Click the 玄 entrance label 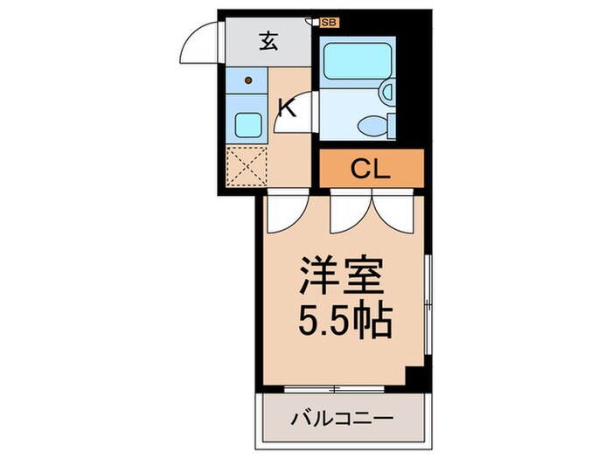pos(269,40)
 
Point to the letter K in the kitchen pos(285,108)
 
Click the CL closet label pos(371,169)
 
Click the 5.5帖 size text pos(341,324)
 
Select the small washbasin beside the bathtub pos(387,90)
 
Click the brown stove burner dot pos(248,82)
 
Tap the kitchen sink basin pos(247,126)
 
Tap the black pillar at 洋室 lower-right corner pos(415,378)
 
